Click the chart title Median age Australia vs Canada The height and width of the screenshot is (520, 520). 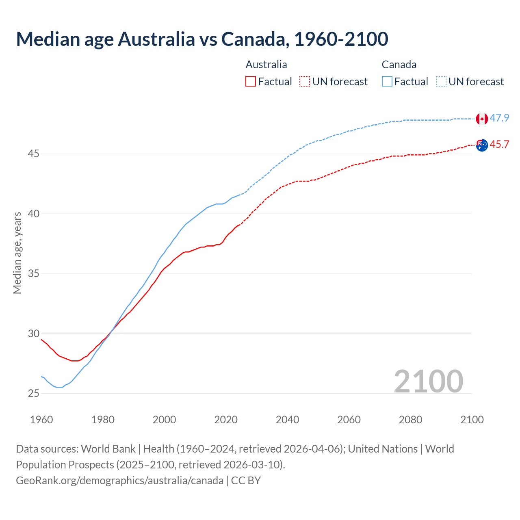(202, 39)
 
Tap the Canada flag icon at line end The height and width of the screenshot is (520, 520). (482, 119)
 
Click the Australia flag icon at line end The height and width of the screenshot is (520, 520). (482, 145)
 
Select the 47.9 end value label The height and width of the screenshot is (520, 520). (499, 118)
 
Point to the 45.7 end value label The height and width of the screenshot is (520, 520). (499, 145)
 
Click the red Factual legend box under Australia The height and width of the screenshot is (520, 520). (251, 82)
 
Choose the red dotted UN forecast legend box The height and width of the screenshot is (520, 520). (305, 82)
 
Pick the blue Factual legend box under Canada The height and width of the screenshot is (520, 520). (387, 82)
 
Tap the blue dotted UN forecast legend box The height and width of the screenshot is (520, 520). (441, 82)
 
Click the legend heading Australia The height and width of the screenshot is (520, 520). (266, 65)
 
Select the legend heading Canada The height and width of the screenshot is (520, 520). (399, 65)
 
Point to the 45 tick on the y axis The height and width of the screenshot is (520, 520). (34, 154)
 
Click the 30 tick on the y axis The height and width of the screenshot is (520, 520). (34, 334)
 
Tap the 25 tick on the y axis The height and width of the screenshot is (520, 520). (34, 393)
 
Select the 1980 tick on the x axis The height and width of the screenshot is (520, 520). (103, 420)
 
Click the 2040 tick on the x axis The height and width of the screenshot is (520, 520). (287, 420)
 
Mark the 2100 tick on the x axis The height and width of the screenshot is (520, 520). (472, 420)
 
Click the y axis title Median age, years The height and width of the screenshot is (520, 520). (17, 253)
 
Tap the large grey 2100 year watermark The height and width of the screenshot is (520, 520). (429, 381)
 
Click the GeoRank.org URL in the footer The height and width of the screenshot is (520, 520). (119, 481)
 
